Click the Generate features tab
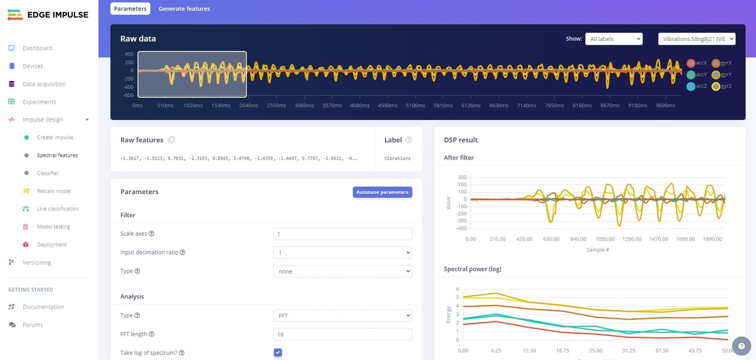click(184, 9)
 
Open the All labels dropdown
click(614, 39)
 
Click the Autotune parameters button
click(382, 192)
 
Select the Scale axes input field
click(343, 234)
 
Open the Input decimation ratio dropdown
click(343, 253)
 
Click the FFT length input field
click(343, 334)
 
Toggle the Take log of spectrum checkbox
click(278, 352)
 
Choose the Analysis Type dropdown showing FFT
click(343, 316)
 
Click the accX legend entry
click(697, 63)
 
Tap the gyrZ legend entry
click(722, 86)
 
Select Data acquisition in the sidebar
click(44, 84)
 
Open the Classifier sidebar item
click(48, 173)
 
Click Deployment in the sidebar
click(52, 245)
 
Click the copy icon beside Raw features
click(172, 140)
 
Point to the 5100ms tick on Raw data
click(415, 105)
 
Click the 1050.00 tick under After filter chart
click(605, 239)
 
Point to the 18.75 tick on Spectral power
click(562, 351)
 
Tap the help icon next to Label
click(409, 140)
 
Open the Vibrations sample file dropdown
click(696, 39)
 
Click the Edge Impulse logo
click(48, 15)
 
